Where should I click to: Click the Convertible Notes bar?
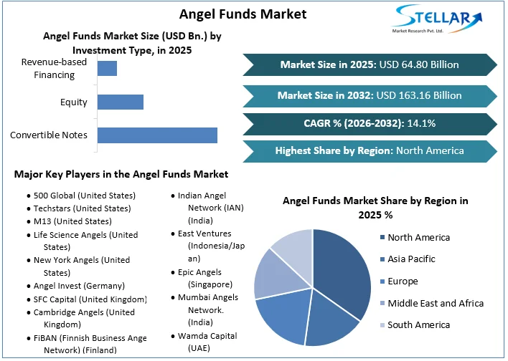pos(156,135)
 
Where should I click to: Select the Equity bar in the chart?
pos(120,102)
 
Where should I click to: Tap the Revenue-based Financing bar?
pos(107,68)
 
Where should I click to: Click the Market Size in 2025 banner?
pos(369,64)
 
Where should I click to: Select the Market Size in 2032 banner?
pos(369,95)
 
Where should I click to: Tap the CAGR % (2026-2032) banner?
pos(369,123)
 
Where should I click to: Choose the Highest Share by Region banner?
pos(369,150)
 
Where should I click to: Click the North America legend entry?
pos(418,237)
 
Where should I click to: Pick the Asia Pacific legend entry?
pos(411,259)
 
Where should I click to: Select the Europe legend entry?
pos(402,281)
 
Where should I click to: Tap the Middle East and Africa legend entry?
pos(435,303)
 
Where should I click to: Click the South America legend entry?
pos(418,324)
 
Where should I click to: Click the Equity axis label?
pos(74,102)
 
